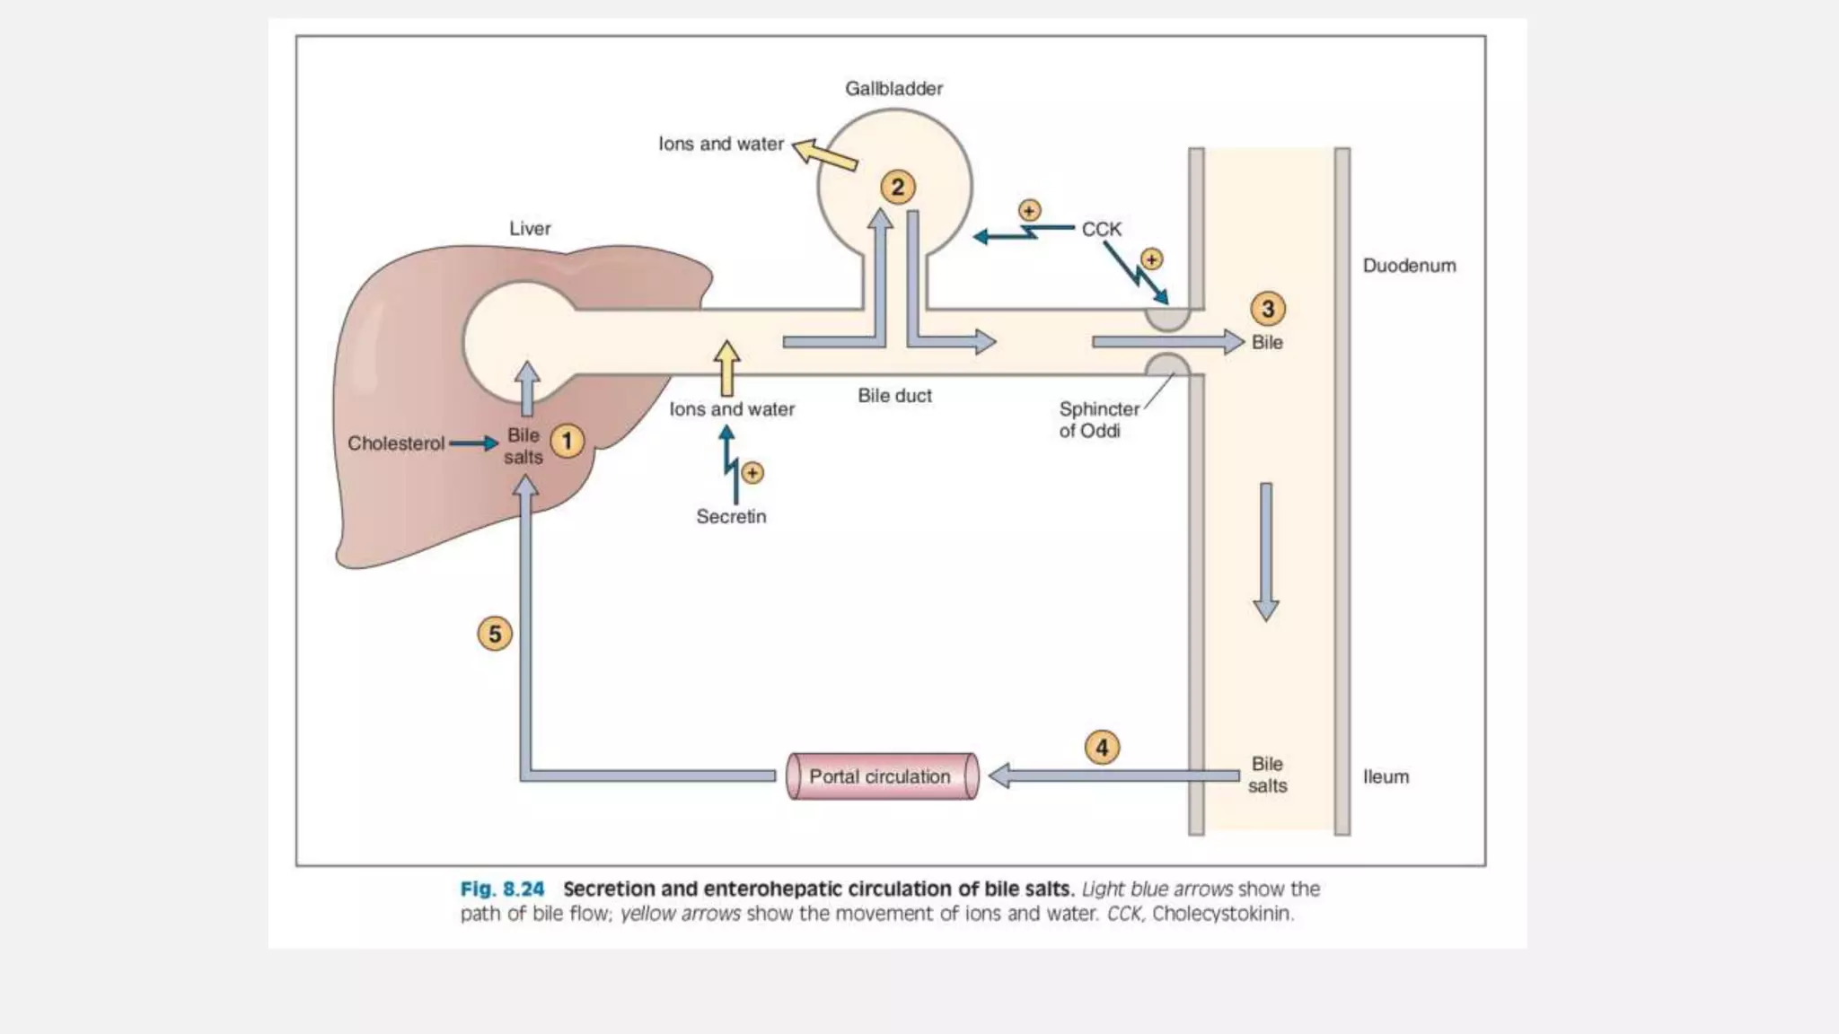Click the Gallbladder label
pyautogui.click(x=893, y=88)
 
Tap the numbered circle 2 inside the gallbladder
pyautogui.click(x=897, y=187)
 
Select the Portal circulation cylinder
pyautogui.click(x=882, y=776)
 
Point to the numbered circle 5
pyautogui.click(x=495, y=634)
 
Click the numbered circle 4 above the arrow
pyautogui.click(x=1102, y=747)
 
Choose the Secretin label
pyautogui.click(x=731, y=516)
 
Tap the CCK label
pyautogui.click(x=1101, y=229)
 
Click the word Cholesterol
pyautogui.click(x=396, y=443)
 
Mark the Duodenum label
pyautogui.click(x=1409, y=266)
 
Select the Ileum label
pyautogui.click(x=1386, y=776)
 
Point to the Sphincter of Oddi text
pyautogui.click(x=1097, y=419)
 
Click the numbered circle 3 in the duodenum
pyautogui.click(x=1267, y=309)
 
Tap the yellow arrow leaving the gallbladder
pyautogui.click(x=825, y=154)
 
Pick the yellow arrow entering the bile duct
pyautogui.click(x=726, y=367)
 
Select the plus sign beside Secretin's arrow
pyautogui.click(x=752, y=472)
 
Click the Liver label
pyautogui.click(x=530, y=228)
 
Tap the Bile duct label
pyautogui.click(x=894, y=396)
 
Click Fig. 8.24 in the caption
pyautogui.click(x=502, y=889)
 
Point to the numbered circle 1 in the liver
pyautogui.click(x=567, y=441)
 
